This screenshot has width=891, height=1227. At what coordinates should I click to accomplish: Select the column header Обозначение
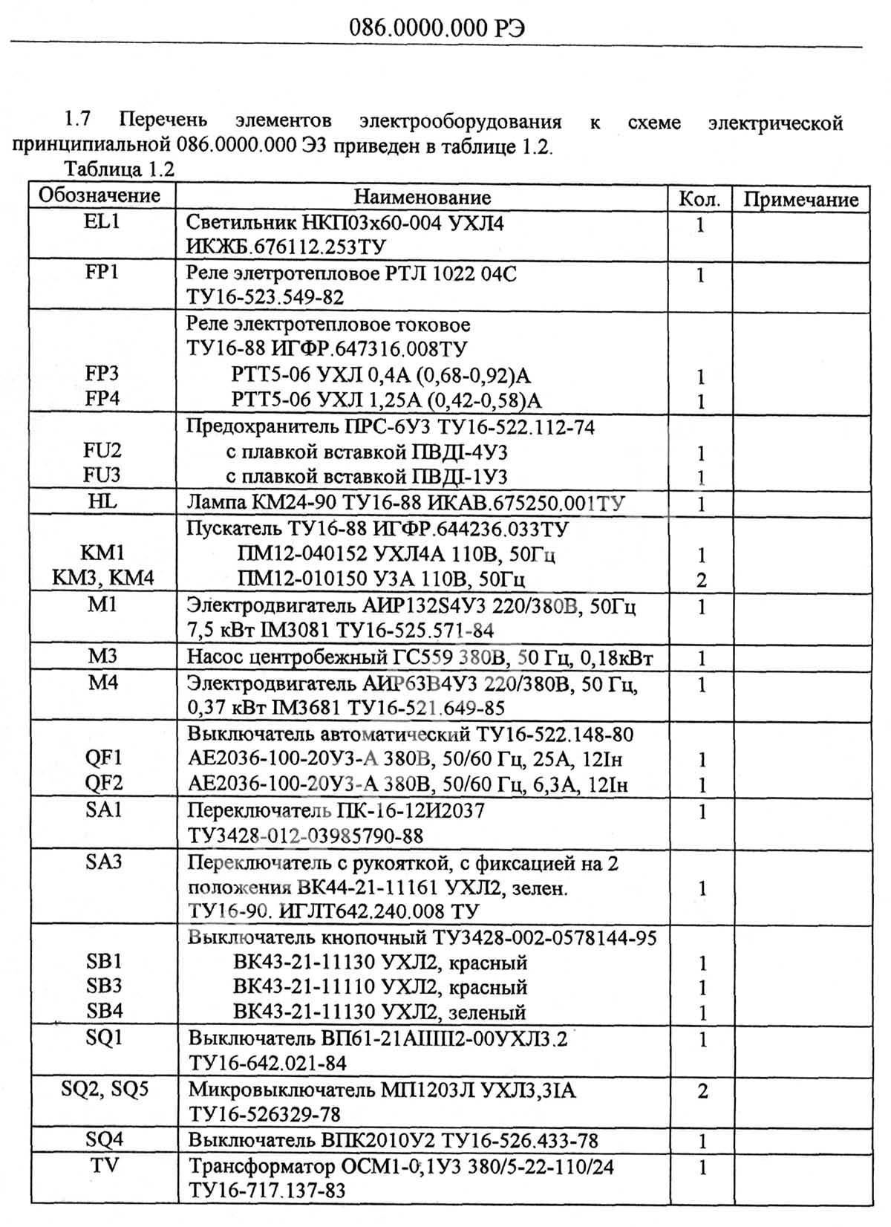pyautogui.click(x=99, y=195)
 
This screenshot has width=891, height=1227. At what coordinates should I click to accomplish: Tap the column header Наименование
pyautogui.click(x=422, y=197)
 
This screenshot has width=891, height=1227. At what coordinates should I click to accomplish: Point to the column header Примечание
pyautogui.click(x=800, y=199)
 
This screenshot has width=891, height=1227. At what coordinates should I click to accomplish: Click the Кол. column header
pyautogui.click(x=699, y=198)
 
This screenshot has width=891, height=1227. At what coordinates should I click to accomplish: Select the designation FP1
pyautogui.click(x=102, y=272)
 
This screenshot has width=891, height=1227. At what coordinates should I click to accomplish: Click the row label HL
pyautogui.click(x=102, y=501)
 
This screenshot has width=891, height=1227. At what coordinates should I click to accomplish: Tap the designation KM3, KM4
pyautogui.click(x=103, y=578)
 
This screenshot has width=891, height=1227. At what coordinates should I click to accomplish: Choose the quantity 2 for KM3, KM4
pyautogui.click(x=701, y=580)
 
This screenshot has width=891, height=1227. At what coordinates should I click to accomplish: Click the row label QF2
pyautogui.click(x=103, y=783)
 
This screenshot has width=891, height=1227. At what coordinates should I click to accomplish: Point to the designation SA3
pyautogui.click(x=103, y=862)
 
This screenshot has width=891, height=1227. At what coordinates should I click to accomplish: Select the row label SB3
pyautogui.click(x=104, y=986)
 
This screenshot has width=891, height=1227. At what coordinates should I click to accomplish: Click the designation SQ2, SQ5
pyautogui.click(x=105, y=1089)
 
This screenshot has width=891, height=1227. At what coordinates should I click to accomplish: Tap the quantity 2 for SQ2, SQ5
pyautogui.click(x=702, y=1091)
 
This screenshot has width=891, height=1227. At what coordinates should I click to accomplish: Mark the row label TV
pyautogui.click(x=105, y=1165)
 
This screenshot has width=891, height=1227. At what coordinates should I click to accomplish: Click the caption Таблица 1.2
pyautogui.click(x=119, y=169)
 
